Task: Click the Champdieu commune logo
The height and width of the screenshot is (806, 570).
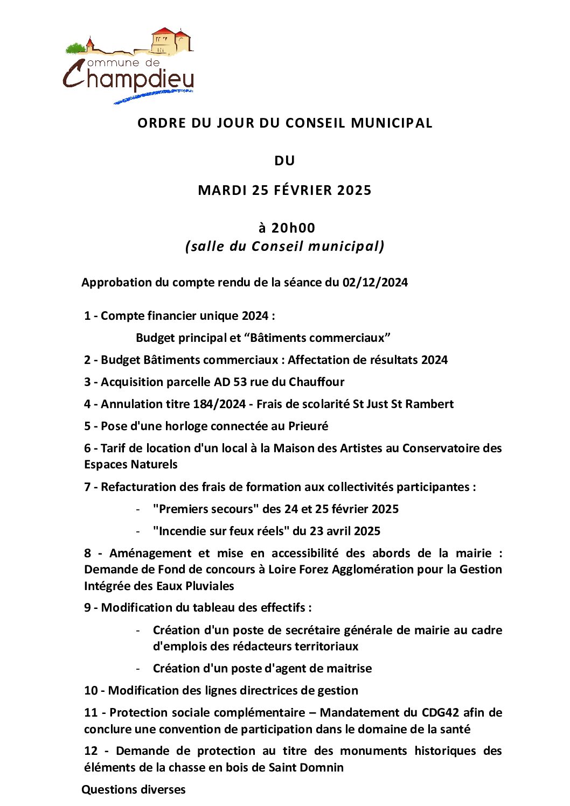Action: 128,65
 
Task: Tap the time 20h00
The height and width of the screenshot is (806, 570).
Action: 293,228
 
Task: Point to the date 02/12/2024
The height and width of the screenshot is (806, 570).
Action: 375,283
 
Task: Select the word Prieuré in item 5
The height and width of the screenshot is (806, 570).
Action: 308,426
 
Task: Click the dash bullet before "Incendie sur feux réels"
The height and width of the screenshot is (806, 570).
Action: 138,531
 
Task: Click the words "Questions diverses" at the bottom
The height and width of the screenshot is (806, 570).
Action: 134,790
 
